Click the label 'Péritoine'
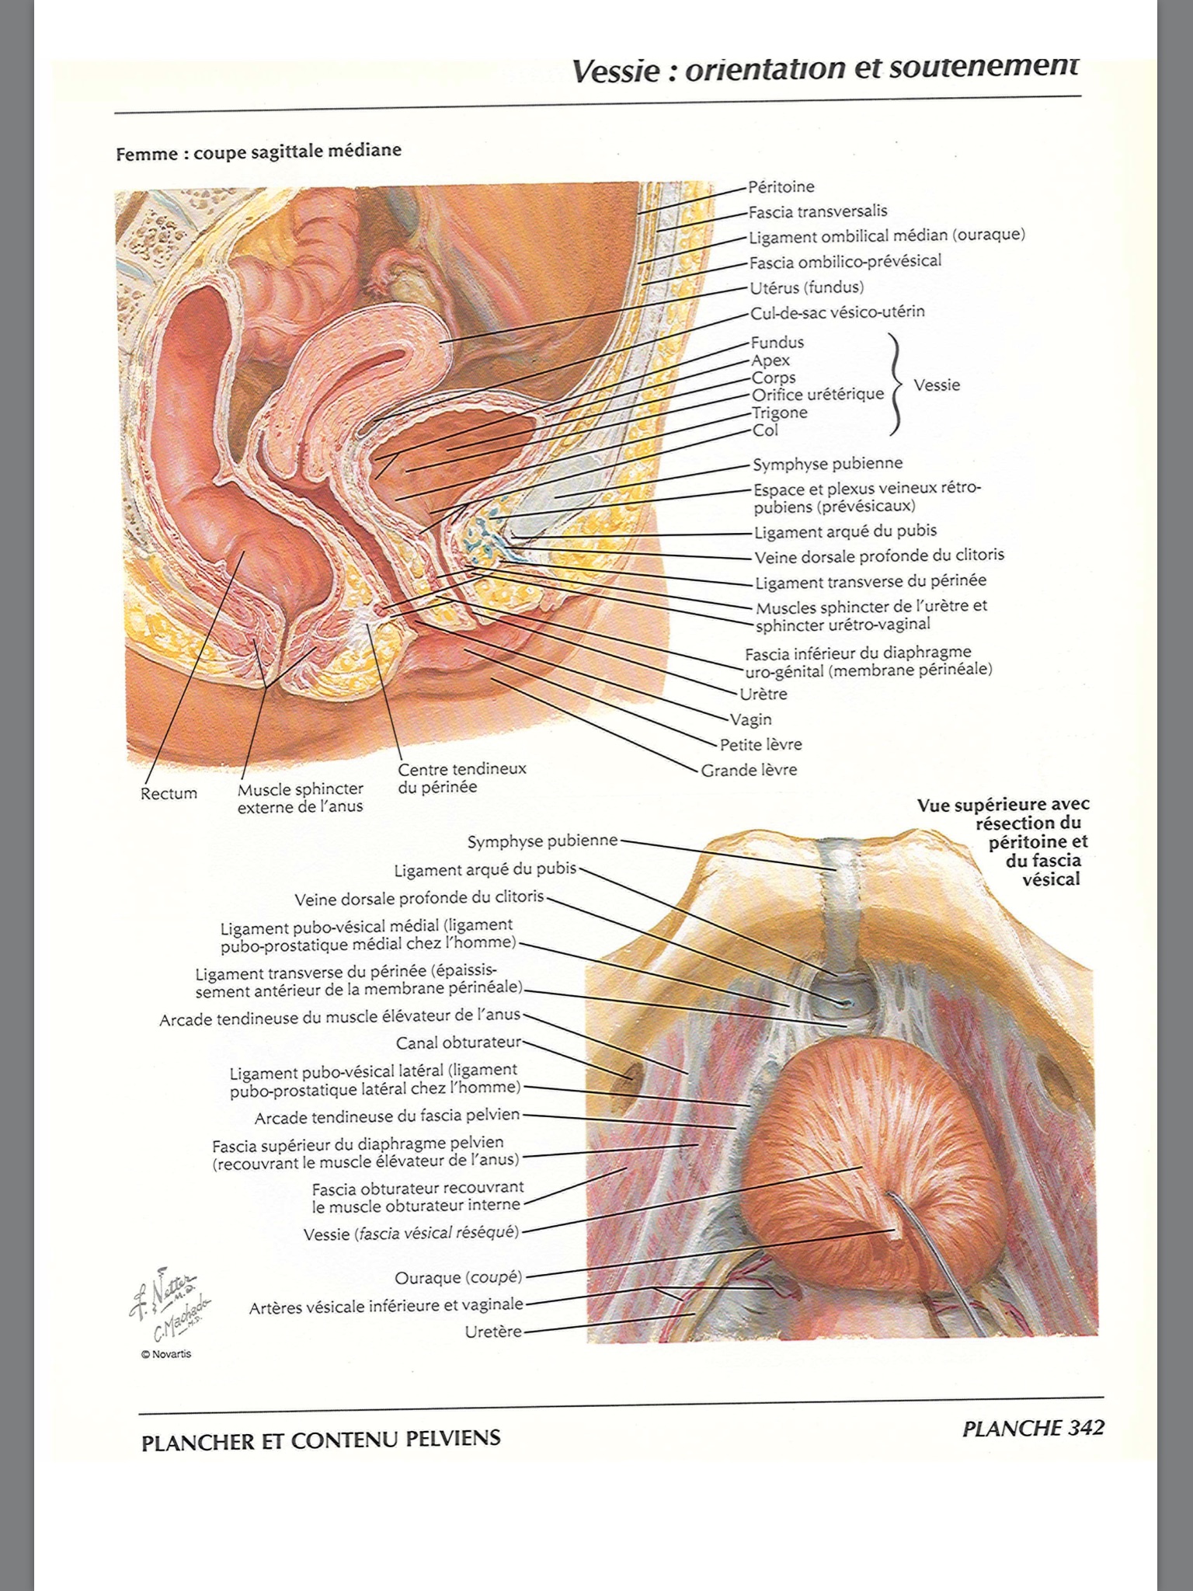781,187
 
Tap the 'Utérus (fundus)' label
806,288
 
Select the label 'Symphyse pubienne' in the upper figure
827,464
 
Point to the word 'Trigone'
779,413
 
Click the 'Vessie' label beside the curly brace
937,385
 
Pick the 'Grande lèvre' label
749,770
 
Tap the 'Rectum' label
169,794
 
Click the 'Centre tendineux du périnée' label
461,778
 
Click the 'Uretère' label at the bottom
493,1332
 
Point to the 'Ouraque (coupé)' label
458,1278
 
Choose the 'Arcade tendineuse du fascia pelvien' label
387,1116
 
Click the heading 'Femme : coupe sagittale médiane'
259,151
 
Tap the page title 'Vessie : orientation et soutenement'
825,69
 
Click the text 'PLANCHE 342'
1032,1429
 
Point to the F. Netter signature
163,1287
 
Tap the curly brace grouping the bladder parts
896,385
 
